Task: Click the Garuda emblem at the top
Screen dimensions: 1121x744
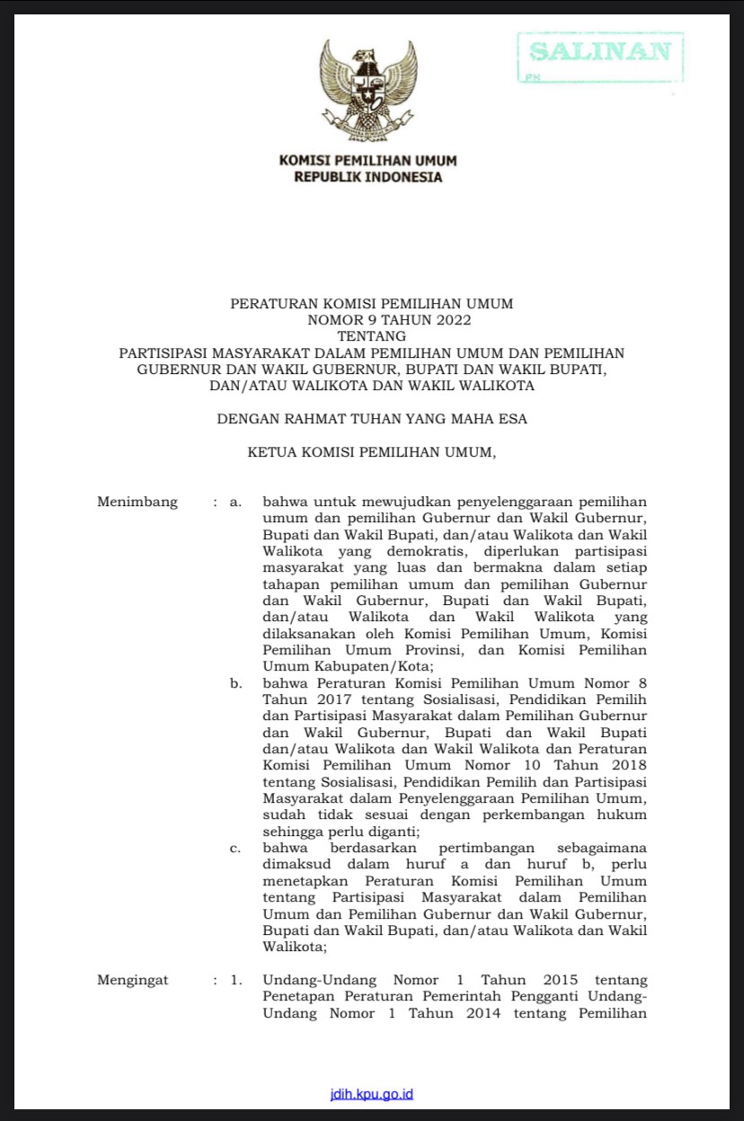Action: (368, 90)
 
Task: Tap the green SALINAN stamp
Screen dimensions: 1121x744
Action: (600, 55)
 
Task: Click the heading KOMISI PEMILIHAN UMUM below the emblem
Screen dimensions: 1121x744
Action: (368, 160)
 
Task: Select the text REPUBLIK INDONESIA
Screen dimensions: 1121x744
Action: (368, 177)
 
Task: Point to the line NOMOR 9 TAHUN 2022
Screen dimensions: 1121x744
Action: (371, 319)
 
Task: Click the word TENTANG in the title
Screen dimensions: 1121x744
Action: (371, 335)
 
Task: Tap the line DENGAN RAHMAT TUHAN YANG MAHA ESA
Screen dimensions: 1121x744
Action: (371, 419)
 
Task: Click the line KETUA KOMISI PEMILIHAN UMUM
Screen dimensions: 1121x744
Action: (371, 453)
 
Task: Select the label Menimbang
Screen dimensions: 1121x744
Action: (137, 502)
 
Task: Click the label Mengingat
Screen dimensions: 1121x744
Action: (133, 981)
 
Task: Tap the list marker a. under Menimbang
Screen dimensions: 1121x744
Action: (235, 502)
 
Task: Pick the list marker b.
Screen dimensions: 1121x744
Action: (235, 683)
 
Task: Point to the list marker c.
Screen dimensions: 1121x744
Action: (235, 848)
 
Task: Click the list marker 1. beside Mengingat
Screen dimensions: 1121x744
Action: (236, 981)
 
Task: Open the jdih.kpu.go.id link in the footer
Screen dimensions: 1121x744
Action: (372, 1094)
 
